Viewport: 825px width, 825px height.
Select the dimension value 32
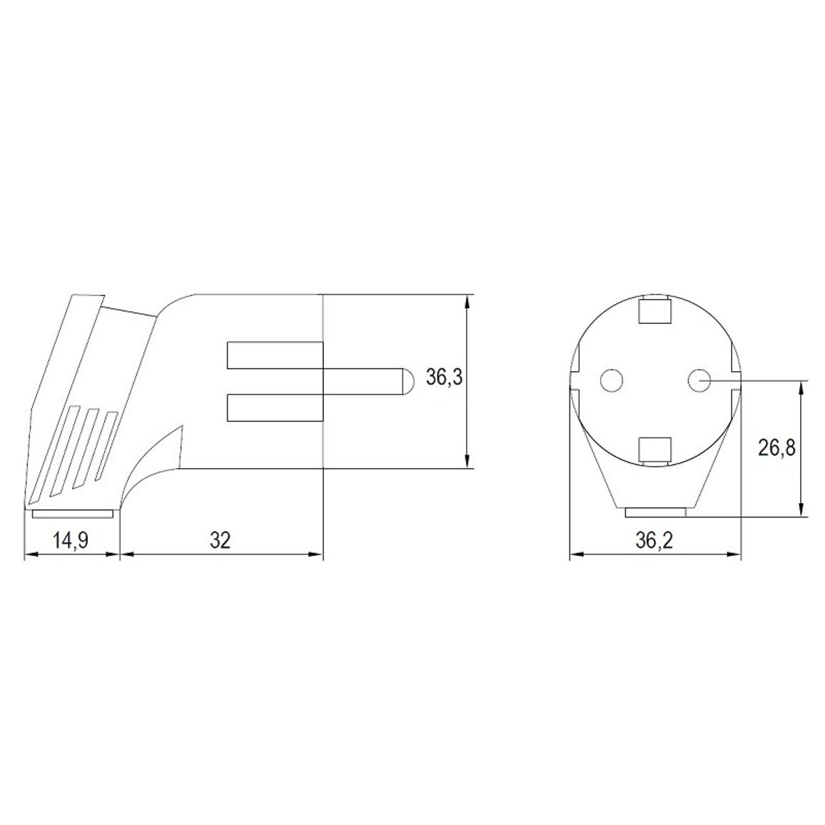(x=221, y=540)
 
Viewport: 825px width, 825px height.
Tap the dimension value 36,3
(x=444, y=378)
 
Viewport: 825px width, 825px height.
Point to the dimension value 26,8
(x=776, y=448)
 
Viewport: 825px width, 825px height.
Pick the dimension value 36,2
(x=654, y=540)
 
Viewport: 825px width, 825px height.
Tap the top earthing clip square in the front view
(x=655, y=310)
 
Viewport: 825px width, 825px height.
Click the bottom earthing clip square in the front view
(x=655, y=450)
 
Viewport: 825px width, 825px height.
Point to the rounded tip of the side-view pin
(x=408, y=381)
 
